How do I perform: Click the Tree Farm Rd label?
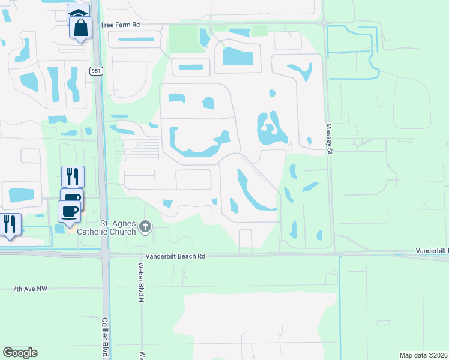point(120,25)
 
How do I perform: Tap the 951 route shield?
point(96,71)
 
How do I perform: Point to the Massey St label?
point(329,139)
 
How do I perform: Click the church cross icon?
point(145,227)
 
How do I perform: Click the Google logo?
point(20,353)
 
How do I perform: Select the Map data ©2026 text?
point(423,355)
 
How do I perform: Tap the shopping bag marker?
point(80,27)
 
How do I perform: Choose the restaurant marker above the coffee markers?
point(73,176)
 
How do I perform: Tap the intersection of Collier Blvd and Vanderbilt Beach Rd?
point(104,255)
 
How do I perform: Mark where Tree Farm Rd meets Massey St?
point(324,24)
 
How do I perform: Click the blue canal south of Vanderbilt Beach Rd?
point(340,306)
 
